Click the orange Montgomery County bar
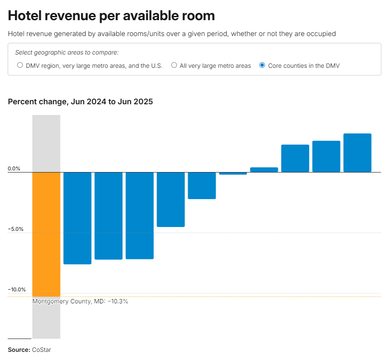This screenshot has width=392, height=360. (x=46, y=234)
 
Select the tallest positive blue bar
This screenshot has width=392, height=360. (x=357, y=153)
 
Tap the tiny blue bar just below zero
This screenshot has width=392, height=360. (x=233, y=173)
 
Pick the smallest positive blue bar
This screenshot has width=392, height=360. (x=264, y=170)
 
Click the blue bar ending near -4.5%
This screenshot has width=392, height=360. (x=170, y=200)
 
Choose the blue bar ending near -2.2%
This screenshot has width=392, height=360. (x=202, y=185)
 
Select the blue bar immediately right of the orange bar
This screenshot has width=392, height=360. (x=77, y=218)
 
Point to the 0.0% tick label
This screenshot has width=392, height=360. (x=14, y=169)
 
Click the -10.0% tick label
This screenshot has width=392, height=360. (x=17, y=290)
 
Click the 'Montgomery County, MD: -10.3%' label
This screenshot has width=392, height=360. (x=80, y=301)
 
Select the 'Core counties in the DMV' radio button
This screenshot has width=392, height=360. (x=262, y=65)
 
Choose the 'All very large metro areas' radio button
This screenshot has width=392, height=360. (x=174, y=65)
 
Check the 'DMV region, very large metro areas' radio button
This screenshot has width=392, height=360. (x=20, y=65)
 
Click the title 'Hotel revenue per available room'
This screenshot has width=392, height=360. (x=111, y=16)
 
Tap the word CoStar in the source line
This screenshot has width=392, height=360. (x=41, y=350)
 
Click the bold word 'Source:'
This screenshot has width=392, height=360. (x=19, y=350)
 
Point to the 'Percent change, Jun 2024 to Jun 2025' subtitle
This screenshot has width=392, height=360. (x=80, y=102)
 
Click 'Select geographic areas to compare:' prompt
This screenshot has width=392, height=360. (x=67, y=52)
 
